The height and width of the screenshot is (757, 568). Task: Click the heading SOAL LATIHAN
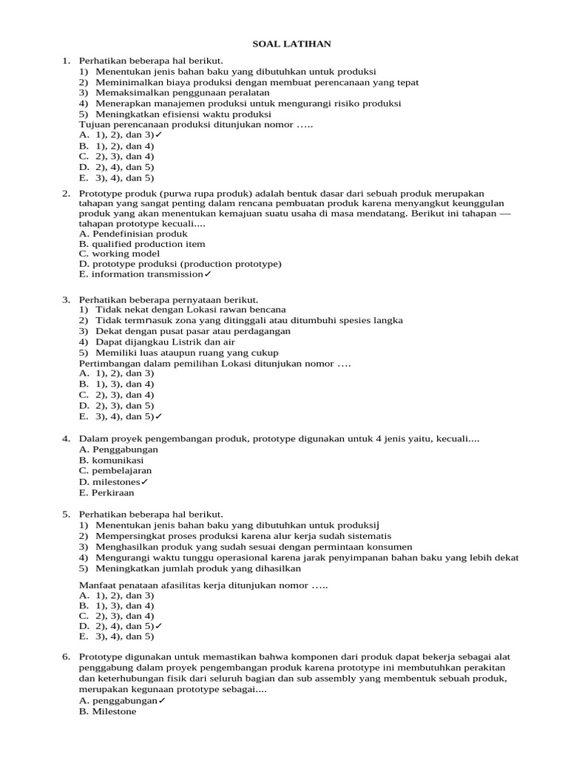click(x=285, y=44)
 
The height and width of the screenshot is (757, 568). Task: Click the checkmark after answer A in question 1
click(x=159, y=135)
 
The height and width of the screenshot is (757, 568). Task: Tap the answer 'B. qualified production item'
click(x=142, y=244)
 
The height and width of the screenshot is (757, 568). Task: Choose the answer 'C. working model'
click(x=119, y=254)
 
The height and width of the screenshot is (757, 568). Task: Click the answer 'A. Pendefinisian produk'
click(x=133, y=234)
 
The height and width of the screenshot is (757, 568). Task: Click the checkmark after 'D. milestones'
click(x=144, y=482)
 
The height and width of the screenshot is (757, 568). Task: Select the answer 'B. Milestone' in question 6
click(x=108, y=711)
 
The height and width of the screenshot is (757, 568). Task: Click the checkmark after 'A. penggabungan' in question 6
click(x=162, y=701)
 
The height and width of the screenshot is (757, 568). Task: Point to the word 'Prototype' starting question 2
click(x=99, y=193)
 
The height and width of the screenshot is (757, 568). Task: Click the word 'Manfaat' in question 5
click(x=96, y=585)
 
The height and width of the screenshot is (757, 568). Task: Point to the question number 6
click(x=65, y=656)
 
